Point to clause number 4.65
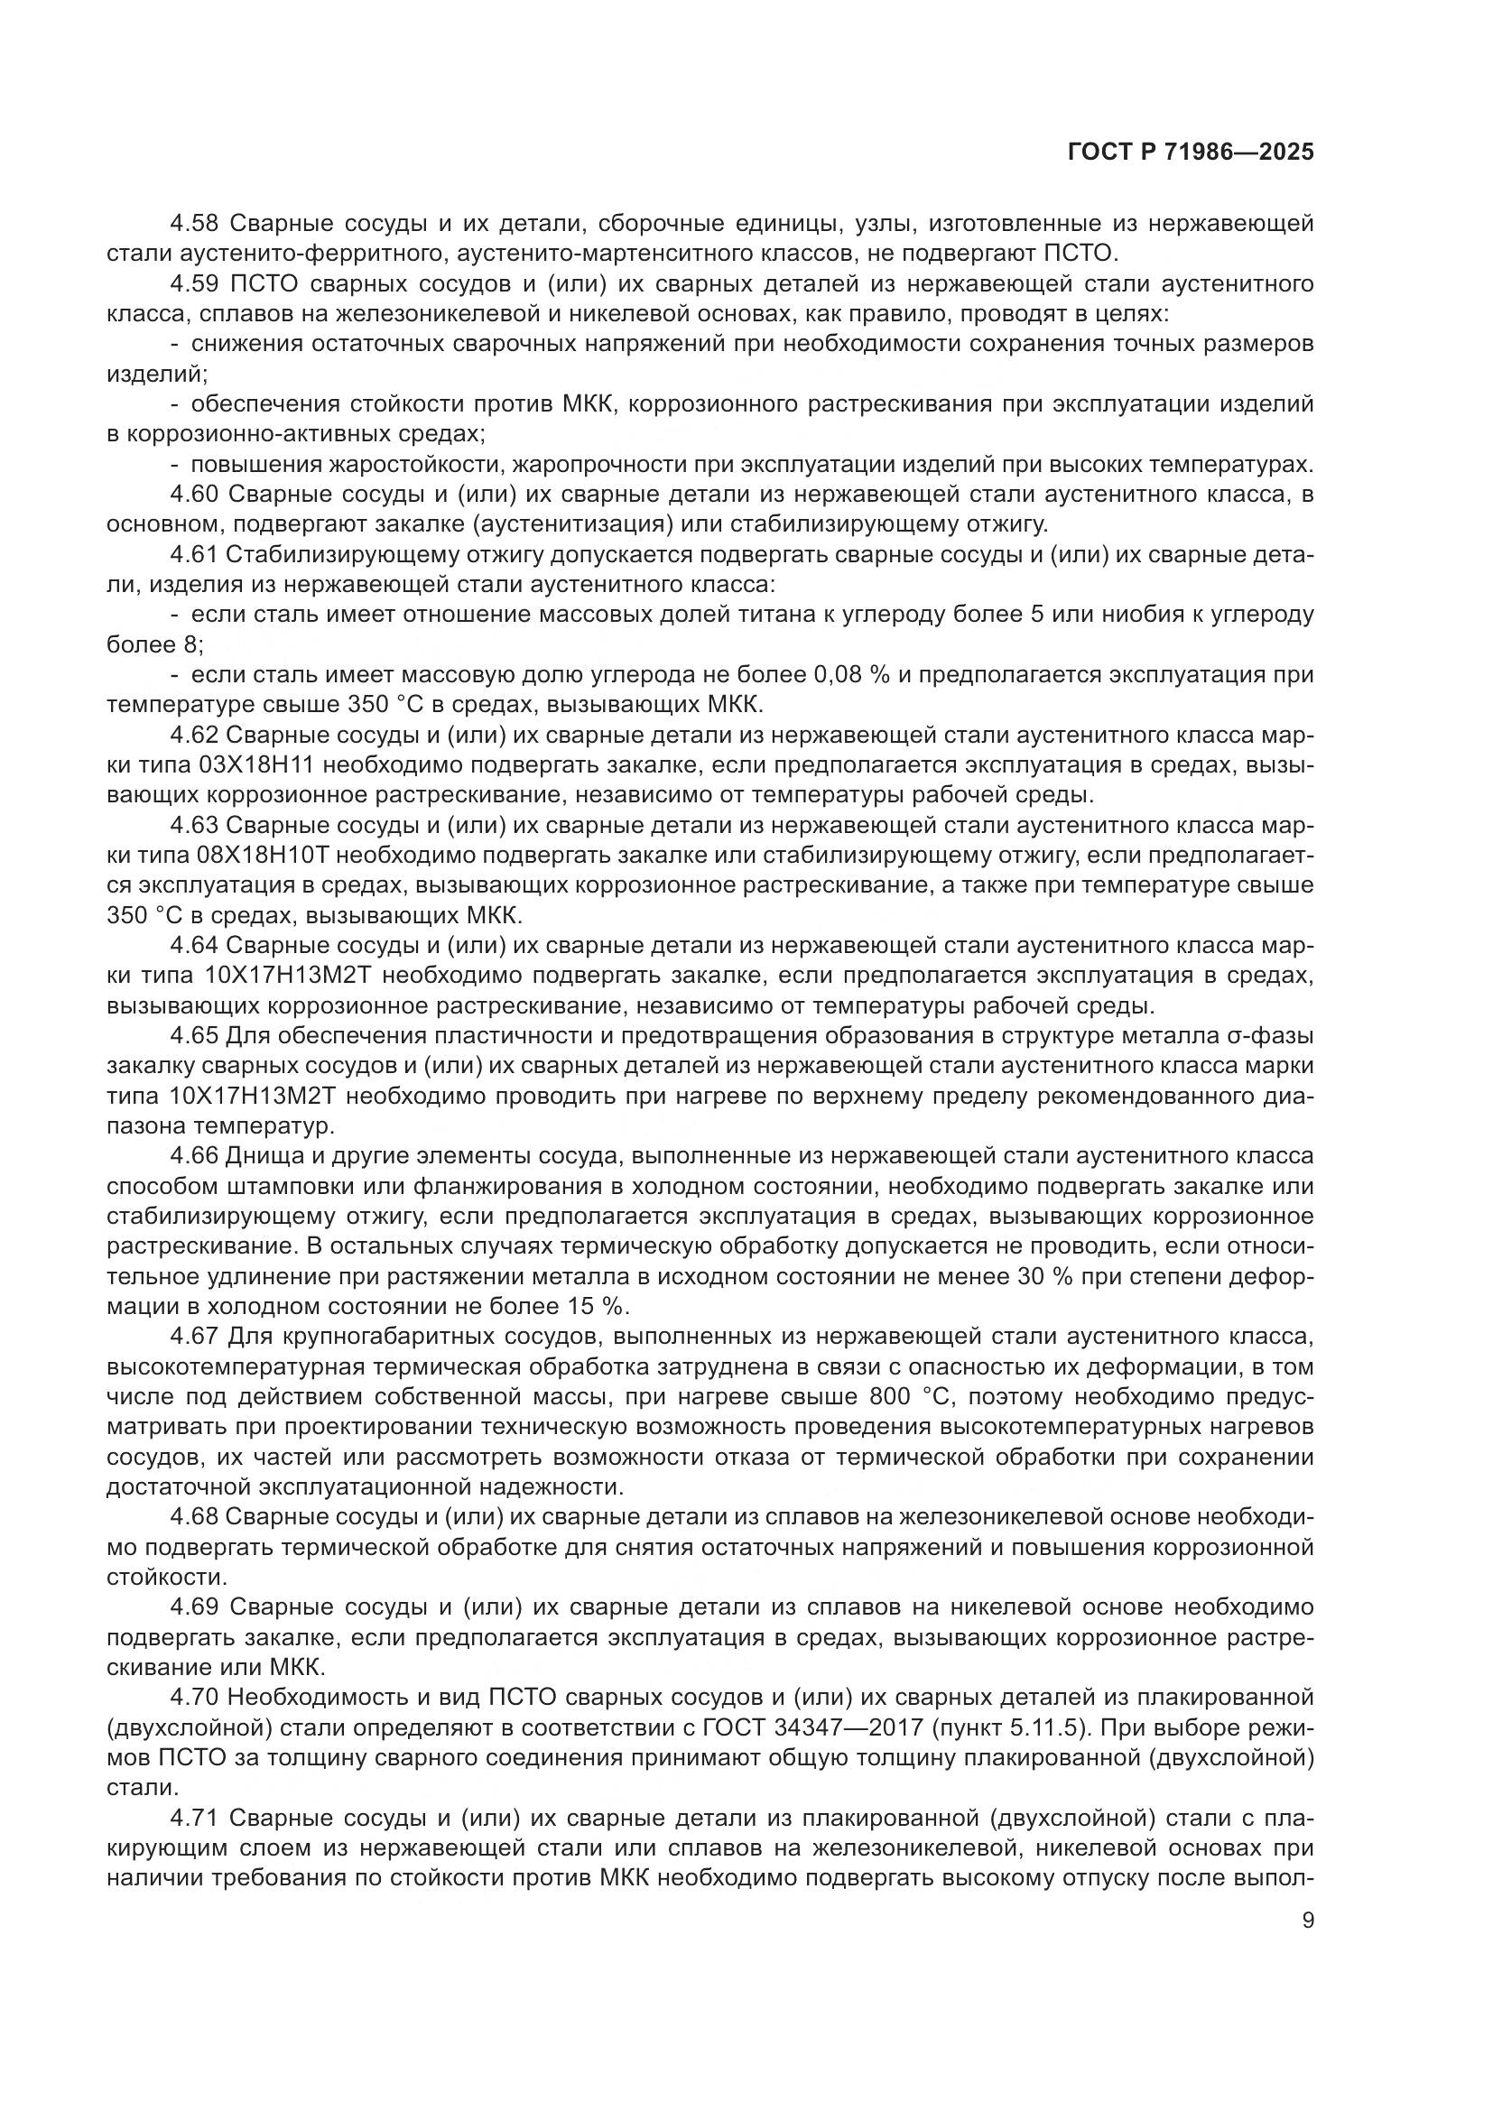(194, 1036)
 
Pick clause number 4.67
(194, 1337)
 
